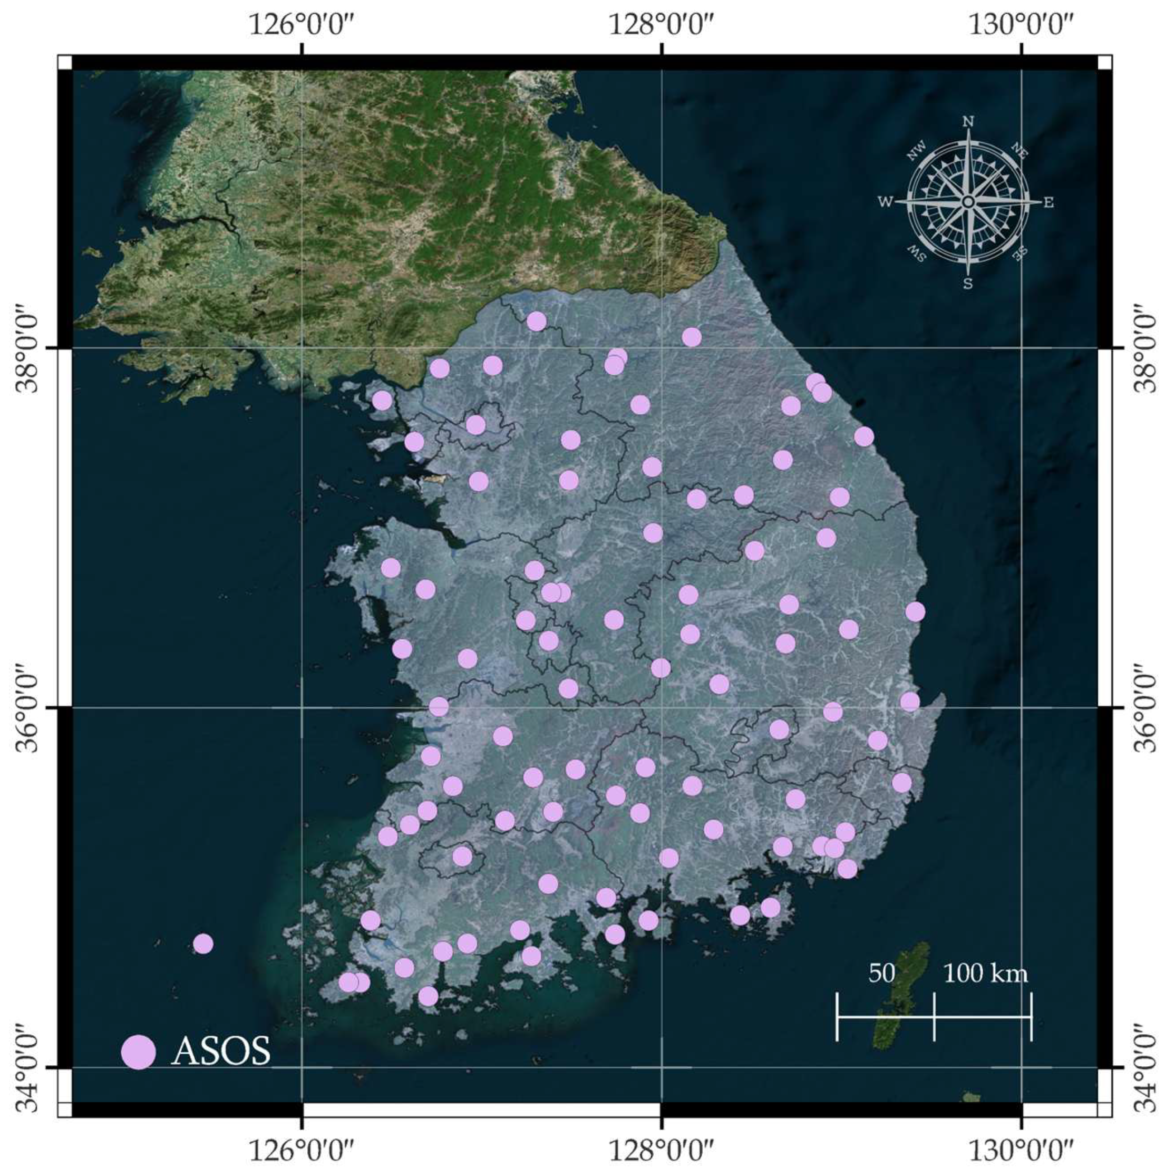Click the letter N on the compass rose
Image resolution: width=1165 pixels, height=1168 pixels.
tap(968, 122)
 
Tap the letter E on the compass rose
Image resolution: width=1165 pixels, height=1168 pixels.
tap(1049, 202)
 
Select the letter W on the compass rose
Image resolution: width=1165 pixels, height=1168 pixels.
tap(885, 202)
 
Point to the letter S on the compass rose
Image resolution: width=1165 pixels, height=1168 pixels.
tap(968, 284)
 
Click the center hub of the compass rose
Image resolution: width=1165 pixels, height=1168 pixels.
tap(968, 202)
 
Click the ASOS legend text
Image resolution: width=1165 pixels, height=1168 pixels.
tap(221, 1052)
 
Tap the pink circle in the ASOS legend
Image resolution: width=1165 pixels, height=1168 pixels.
tap(139, 1052)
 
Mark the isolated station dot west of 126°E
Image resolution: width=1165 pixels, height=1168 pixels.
tap(203, 943)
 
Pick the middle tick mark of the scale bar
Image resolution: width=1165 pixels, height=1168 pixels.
tap(934, 1017)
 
